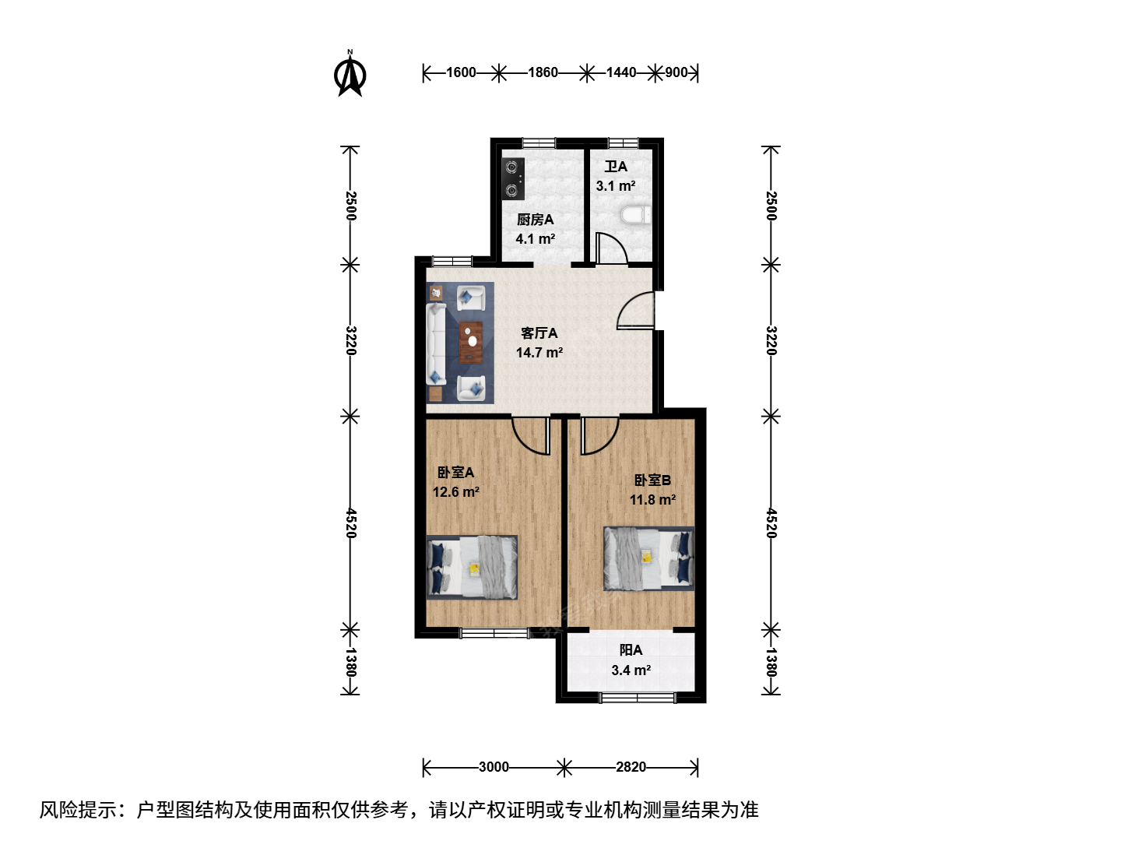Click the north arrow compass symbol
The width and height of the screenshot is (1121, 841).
point(350,74)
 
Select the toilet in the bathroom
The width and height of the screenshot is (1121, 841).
point(637,215)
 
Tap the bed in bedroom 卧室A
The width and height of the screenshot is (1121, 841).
point(472,568)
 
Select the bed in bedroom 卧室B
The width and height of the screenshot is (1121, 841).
point(648,558)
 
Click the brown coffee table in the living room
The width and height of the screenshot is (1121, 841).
point(471,342)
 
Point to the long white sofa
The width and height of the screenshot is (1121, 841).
point(436,344)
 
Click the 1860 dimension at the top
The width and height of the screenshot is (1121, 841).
point(543,73)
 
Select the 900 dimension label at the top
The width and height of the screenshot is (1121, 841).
point(676,73)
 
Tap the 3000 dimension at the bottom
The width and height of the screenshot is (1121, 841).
point(494,767)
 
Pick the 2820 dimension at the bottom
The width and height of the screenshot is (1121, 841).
point(631,767)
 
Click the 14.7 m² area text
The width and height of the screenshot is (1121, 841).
point(539,352)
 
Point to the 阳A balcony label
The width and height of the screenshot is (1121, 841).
point(631,650)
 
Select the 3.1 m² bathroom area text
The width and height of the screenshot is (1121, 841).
point(616,186)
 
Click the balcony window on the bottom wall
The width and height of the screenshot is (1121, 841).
point(638,697)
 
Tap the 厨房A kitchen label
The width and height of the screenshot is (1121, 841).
point(536,220)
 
